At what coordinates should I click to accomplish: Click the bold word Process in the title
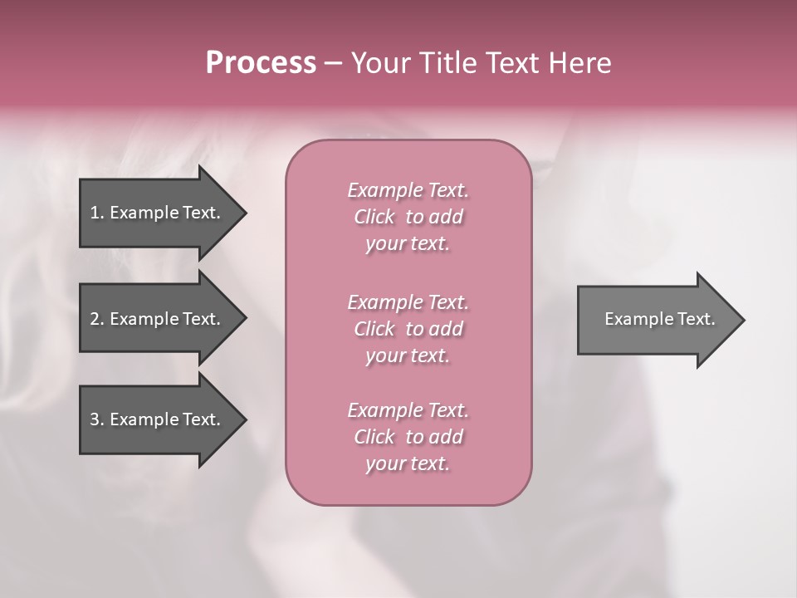[x=261, y=63]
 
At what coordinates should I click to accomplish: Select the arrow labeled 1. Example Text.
[x=158, y=213]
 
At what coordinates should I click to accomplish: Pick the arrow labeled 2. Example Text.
[x=158, y=319]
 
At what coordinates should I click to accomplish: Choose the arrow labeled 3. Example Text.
[x=158, y=419]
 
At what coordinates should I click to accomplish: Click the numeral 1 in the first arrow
[x=94, y=213]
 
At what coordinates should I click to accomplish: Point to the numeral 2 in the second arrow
[x=94, y=319]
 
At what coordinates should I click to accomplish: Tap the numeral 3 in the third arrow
[x=94, y=419]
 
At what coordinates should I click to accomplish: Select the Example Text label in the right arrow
[x=659, y=319]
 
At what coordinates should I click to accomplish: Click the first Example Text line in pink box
[x=408, y=190]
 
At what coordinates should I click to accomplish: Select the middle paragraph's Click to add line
[x=408, y=329]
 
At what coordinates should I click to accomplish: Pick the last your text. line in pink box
[x=408, y=463]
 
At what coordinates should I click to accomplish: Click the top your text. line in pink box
[x=408, y=243]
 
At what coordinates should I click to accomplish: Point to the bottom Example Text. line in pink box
[x=408, y=410]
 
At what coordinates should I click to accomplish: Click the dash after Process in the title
[x=333, y=64]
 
